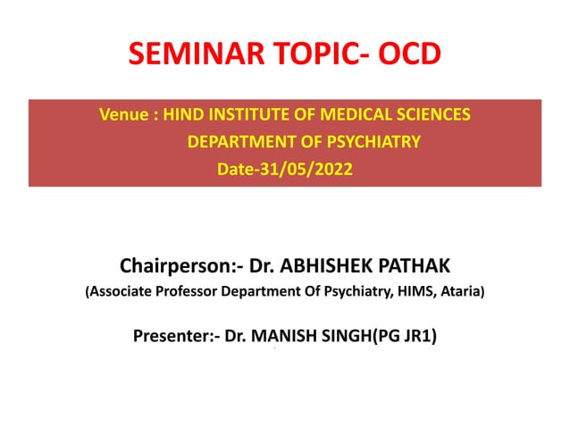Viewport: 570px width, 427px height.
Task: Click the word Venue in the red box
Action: (x=122, y=115)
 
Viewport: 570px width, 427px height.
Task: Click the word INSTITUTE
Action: (x=256, y=115)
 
